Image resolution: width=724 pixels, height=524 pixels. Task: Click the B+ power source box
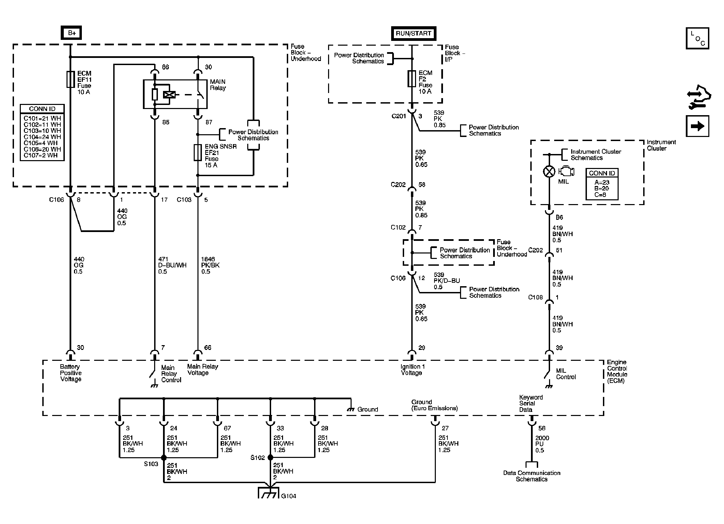coord(71,33)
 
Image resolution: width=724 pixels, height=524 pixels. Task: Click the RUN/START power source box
coord(413,33)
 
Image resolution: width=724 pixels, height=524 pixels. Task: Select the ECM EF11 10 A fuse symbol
coord(71,79)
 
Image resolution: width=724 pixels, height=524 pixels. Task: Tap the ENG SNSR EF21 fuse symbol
coord(197,152)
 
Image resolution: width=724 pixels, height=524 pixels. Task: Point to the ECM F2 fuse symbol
coord(412,79)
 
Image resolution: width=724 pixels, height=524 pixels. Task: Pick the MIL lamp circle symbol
coord(549,171)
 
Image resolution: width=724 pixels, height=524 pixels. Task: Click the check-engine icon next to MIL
coord(566,171)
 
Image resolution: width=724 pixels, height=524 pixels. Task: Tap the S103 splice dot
coord(164,458)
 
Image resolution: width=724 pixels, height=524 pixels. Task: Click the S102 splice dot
coord(270,458)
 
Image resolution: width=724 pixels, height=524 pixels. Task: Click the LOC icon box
coord(697,38)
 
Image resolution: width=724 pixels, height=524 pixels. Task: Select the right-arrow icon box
coord(697,126)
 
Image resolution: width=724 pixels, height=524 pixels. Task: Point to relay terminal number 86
coord(165,67)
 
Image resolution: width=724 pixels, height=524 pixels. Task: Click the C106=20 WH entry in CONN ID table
coord(42,149)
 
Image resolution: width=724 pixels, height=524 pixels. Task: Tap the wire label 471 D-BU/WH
coord(172,265)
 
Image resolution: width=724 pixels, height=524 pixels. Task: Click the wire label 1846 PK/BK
coord(210,265)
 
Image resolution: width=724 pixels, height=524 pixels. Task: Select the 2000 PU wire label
coord(542,444)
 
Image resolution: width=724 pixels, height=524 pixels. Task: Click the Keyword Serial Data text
coord(531,403)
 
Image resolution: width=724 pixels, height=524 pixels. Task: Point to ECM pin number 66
coord(208,348)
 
